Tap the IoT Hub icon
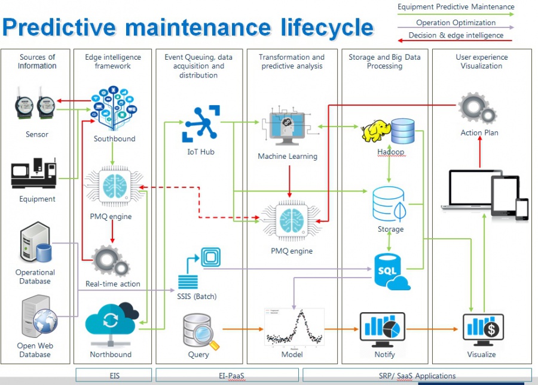tap(201, 123)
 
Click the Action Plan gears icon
tap(477, 109)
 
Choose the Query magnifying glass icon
tap(201, 330)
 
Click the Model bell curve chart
tap(294, 327)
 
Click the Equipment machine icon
tap(34, 173)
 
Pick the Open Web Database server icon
tap(36, 316)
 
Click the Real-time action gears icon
tap(111, 260)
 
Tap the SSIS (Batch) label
tap(197, 296)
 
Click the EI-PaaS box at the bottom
tap(227, 375)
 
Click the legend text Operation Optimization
tap(456, 23)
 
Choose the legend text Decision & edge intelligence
tap(456, 35)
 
